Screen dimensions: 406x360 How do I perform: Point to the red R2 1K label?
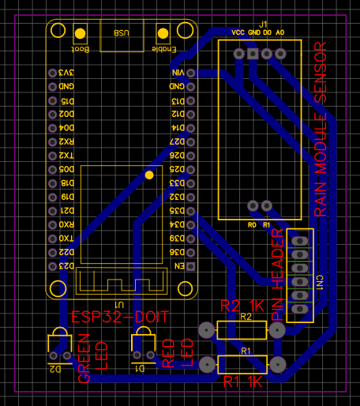(242, 306)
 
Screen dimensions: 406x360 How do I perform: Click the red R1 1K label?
(242, 382)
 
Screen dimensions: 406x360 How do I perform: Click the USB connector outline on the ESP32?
(122, 36)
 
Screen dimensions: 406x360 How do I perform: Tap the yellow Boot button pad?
(80, 34)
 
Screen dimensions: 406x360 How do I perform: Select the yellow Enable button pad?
(163, 34)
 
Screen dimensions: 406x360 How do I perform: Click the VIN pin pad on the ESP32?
(190, 73)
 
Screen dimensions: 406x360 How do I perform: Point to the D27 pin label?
(176, 141)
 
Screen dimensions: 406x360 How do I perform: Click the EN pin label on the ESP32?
(179, 266)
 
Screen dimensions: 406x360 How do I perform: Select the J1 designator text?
(263, 24)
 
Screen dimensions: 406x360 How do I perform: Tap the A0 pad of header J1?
(280, 54)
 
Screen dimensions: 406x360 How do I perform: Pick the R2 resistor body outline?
(240, 330)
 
